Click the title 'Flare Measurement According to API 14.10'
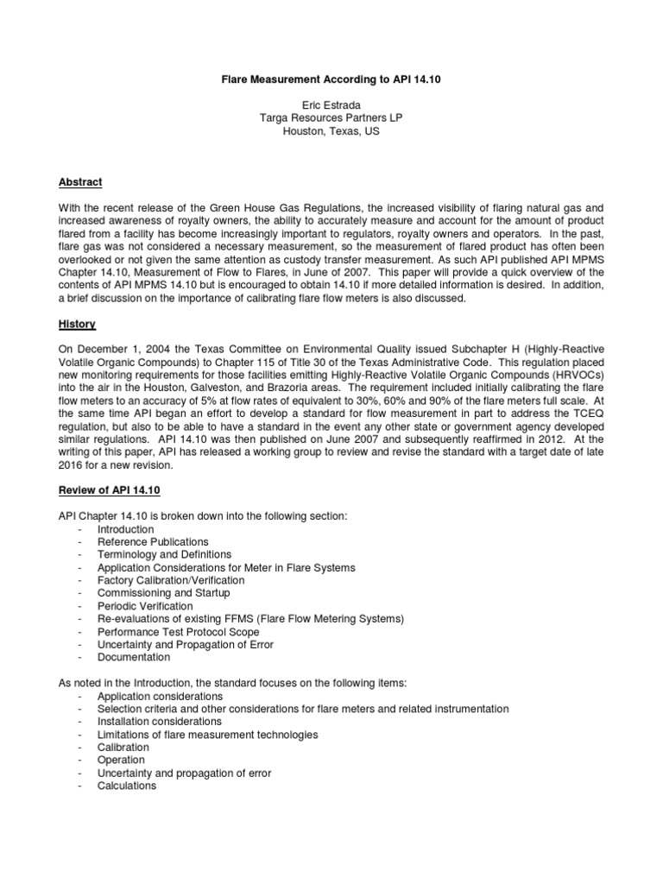[331, 79]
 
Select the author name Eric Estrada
[331, 105]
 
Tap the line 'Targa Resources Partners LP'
[331, 118]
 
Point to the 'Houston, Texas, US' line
[331, 132]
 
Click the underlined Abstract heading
[80, 182]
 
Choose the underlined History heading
[77, 324]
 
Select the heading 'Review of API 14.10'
[109, 490]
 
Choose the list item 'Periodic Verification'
[144, 606]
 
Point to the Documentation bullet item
[135, 658]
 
